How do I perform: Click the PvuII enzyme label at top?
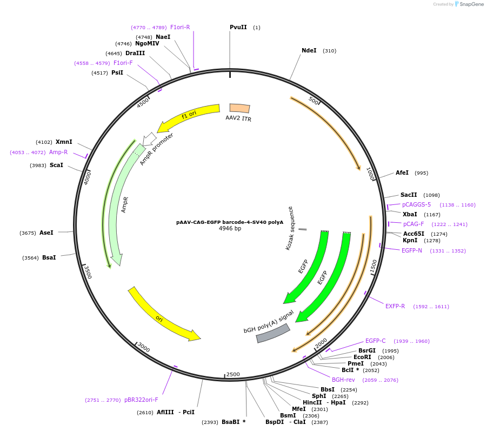click(x=238, y=27)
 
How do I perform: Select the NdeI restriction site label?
click(x=309, y=51)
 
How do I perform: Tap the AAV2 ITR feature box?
click(x=239, y=108)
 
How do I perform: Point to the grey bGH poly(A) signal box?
click(x=273, y=333)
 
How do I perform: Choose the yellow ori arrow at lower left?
click(x=163, y=315)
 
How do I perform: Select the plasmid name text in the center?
click(x=230, y=222)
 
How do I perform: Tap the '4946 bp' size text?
click(x=230, y=229)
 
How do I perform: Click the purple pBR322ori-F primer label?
click(x=141, y=400)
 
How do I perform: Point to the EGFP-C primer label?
click(x=375, y=341)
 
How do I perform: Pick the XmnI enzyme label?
click(x=64, y=142)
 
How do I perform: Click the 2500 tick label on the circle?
click(x=233, y=374)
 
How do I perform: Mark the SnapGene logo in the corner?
click(x=468, y=4)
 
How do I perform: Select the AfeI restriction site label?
click(x=402, y=173)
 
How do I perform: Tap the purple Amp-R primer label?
click(x=58, y=152)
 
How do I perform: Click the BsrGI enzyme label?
click(x=367, y=350)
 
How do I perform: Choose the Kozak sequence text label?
click(x=290, y=228)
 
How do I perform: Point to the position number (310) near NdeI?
click(x=329, y=51)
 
